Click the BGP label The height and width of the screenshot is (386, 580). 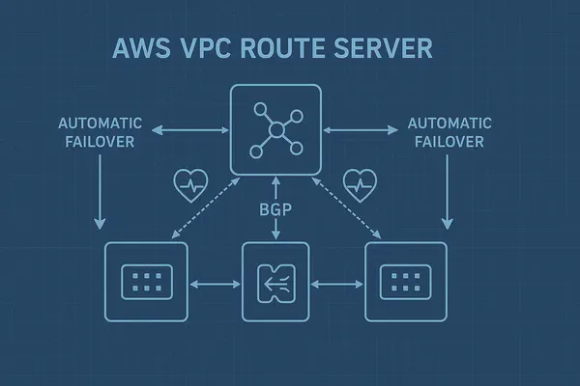(x=276, y=207)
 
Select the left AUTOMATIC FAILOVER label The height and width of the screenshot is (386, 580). (x=101, y=131)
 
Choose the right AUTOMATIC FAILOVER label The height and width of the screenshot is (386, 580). (x=449, y=131)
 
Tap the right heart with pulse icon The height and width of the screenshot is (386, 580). (x=361, y=180)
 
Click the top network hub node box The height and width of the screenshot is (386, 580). (x=275, y=129)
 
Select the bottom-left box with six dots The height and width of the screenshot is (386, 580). (x=144, y=283)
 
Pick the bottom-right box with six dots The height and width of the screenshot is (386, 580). (x=406, y=283)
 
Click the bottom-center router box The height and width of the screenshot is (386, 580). (x=275, y=283)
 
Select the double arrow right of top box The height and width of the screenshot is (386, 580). (x=358, y=128)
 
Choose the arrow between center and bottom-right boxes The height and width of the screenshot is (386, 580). (x=337, y=284)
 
